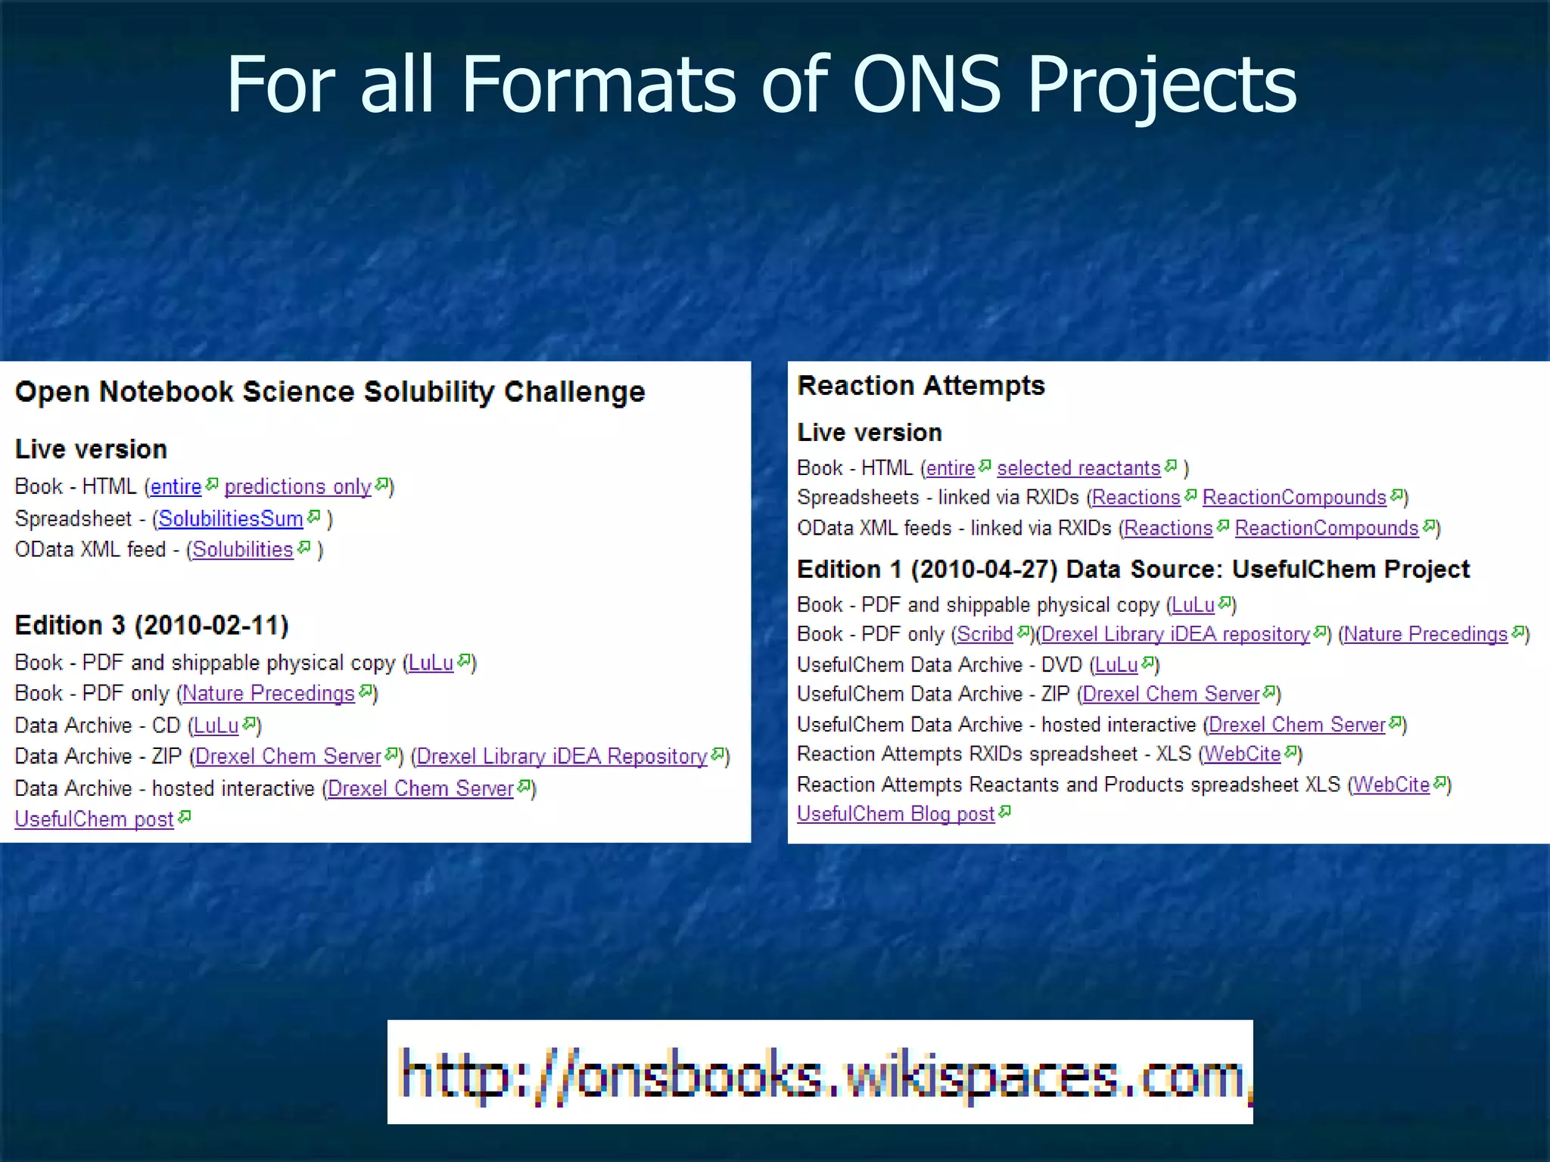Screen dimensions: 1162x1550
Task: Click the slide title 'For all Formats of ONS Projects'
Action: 761,85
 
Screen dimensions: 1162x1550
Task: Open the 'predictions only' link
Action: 297,486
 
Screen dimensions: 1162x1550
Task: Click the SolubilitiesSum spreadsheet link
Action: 230,519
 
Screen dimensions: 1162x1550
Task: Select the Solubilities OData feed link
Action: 242,550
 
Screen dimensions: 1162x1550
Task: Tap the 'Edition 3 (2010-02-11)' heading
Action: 151,626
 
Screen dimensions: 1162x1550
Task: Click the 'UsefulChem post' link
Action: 95,819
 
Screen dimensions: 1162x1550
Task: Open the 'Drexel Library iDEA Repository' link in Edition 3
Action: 562,757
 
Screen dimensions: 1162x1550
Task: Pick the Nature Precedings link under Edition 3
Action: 268,694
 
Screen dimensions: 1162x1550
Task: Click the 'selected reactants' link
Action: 1078,468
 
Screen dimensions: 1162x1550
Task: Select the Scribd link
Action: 985,634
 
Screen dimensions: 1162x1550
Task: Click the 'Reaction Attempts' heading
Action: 921,386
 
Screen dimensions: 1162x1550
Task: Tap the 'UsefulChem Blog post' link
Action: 895,814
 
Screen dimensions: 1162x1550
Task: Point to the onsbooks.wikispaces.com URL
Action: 820,1073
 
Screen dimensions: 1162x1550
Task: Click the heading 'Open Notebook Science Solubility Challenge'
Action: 330,392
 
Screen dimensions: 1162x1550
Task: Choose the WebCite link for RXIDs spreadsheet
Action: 1242,754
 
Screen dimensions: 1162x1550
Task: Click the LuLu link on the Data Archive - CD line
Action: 216,725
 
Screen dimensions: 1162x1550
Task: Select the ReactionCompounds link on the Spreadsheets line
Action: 1294,498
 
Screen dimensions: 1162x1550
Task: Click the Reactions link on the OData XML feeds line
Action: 1169,528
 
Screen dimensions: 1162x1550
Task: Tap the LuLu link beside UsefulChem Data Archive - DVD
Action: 1116,665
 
